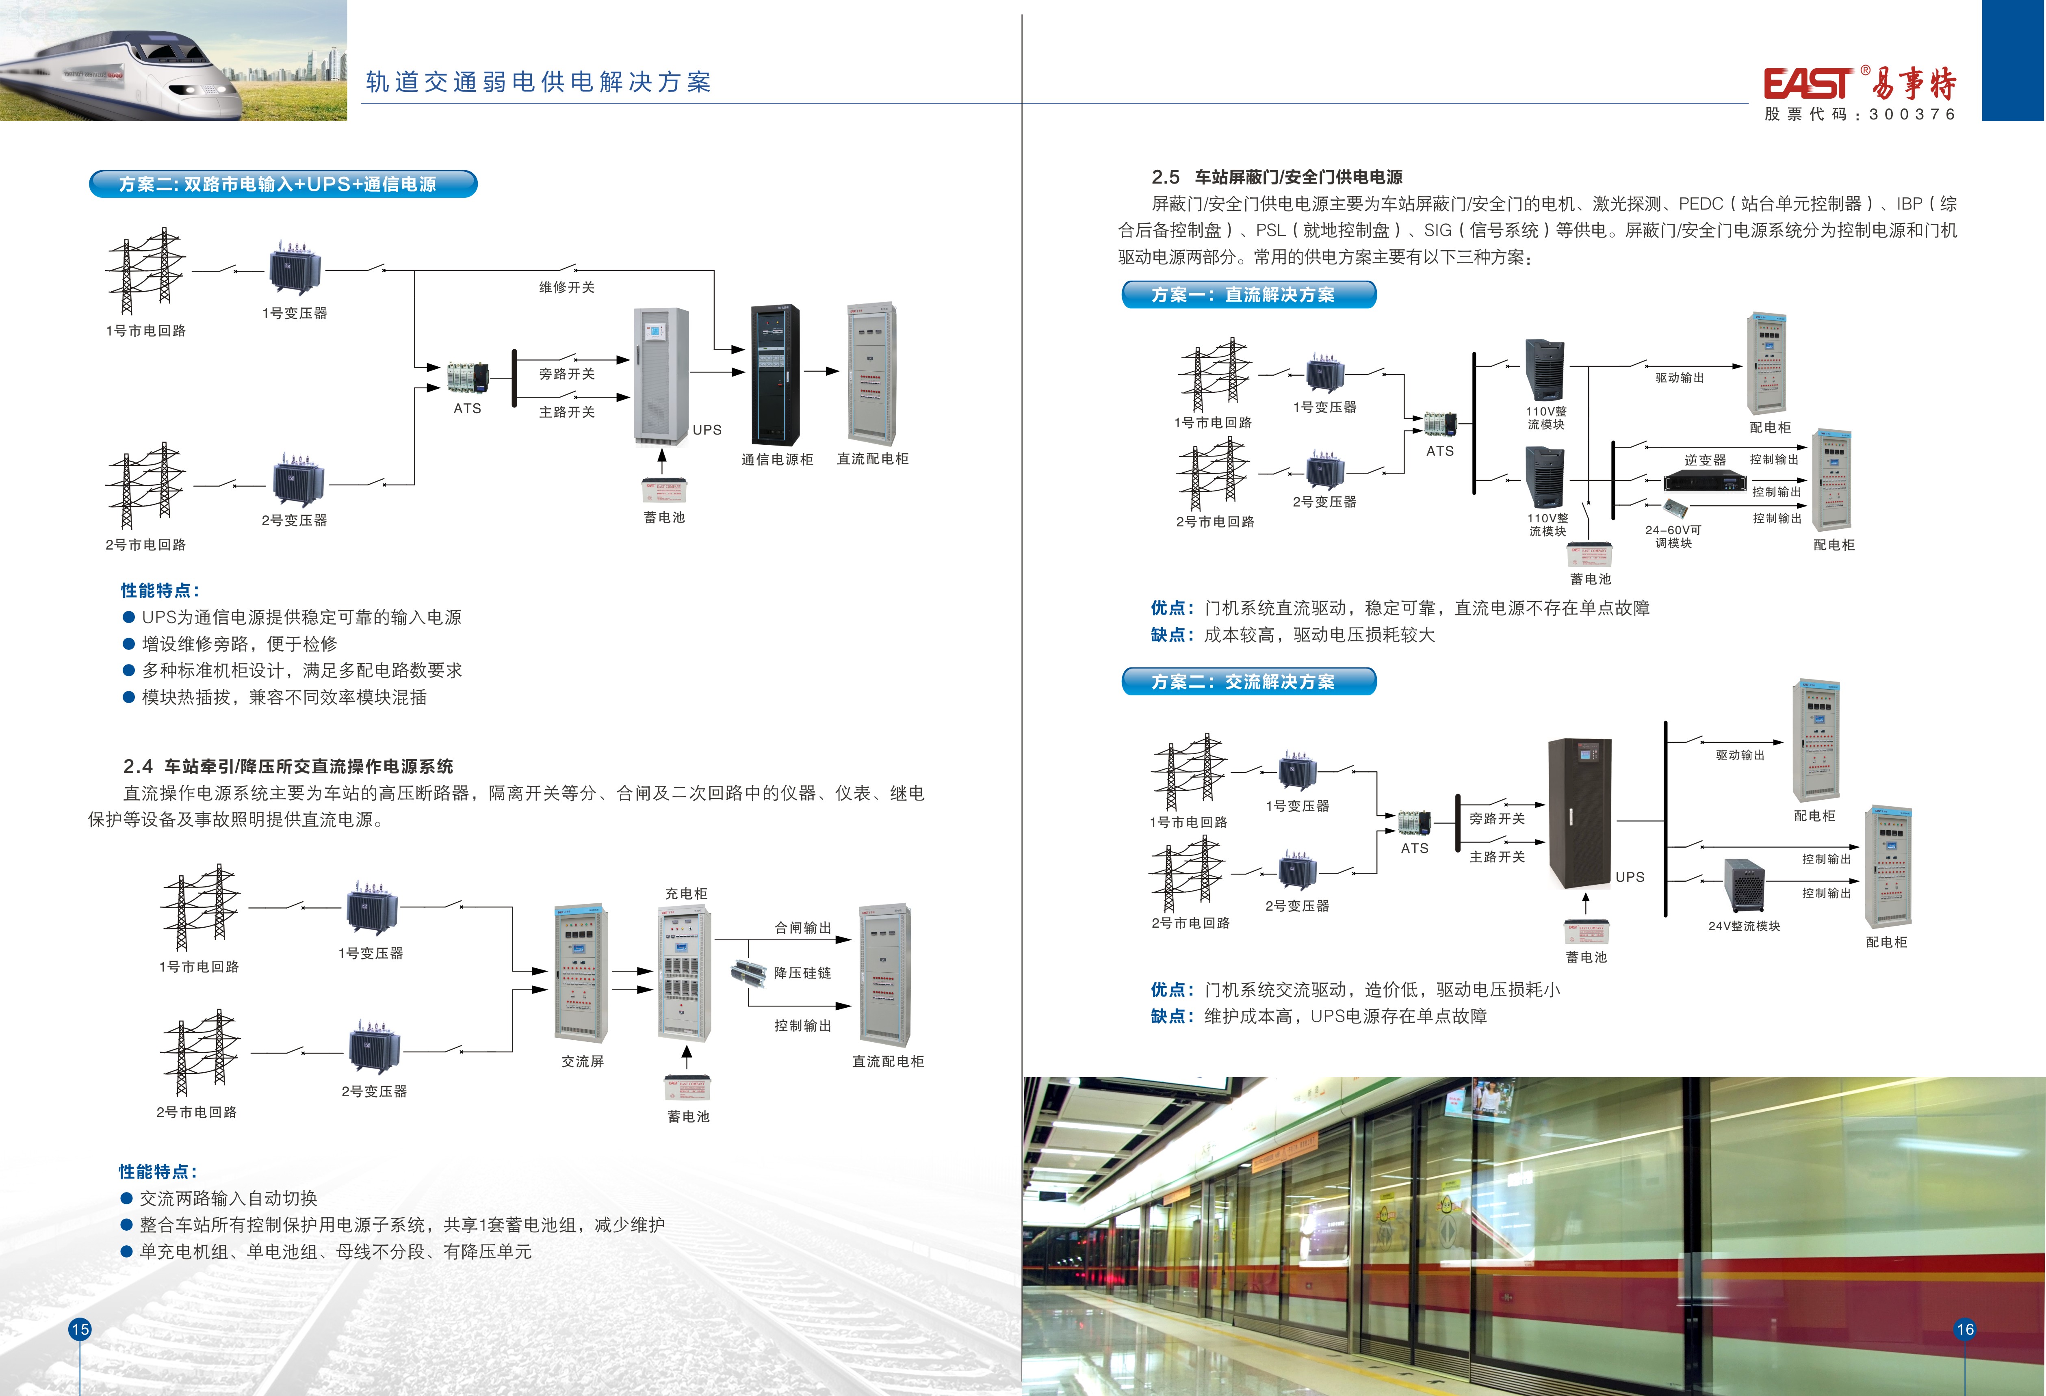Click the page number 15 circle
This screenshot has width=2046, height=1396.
coord(80,1329)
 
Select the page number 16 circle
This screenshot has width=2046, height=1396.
coord(1965,1329)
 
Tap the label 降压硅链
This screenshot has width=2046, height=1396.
coord(802,973)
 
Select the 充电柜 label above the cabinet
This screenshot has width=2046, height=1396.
coord(686,894)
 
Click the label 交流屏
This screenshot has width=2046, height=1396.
coord(583,1062)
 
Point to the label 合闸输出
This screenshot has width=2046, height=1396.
coord(802,928)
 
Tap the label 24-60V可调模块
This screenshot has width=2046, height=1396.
coord(1673,536)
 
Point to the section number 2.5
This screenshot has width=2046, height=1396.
coord(1166,177)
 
